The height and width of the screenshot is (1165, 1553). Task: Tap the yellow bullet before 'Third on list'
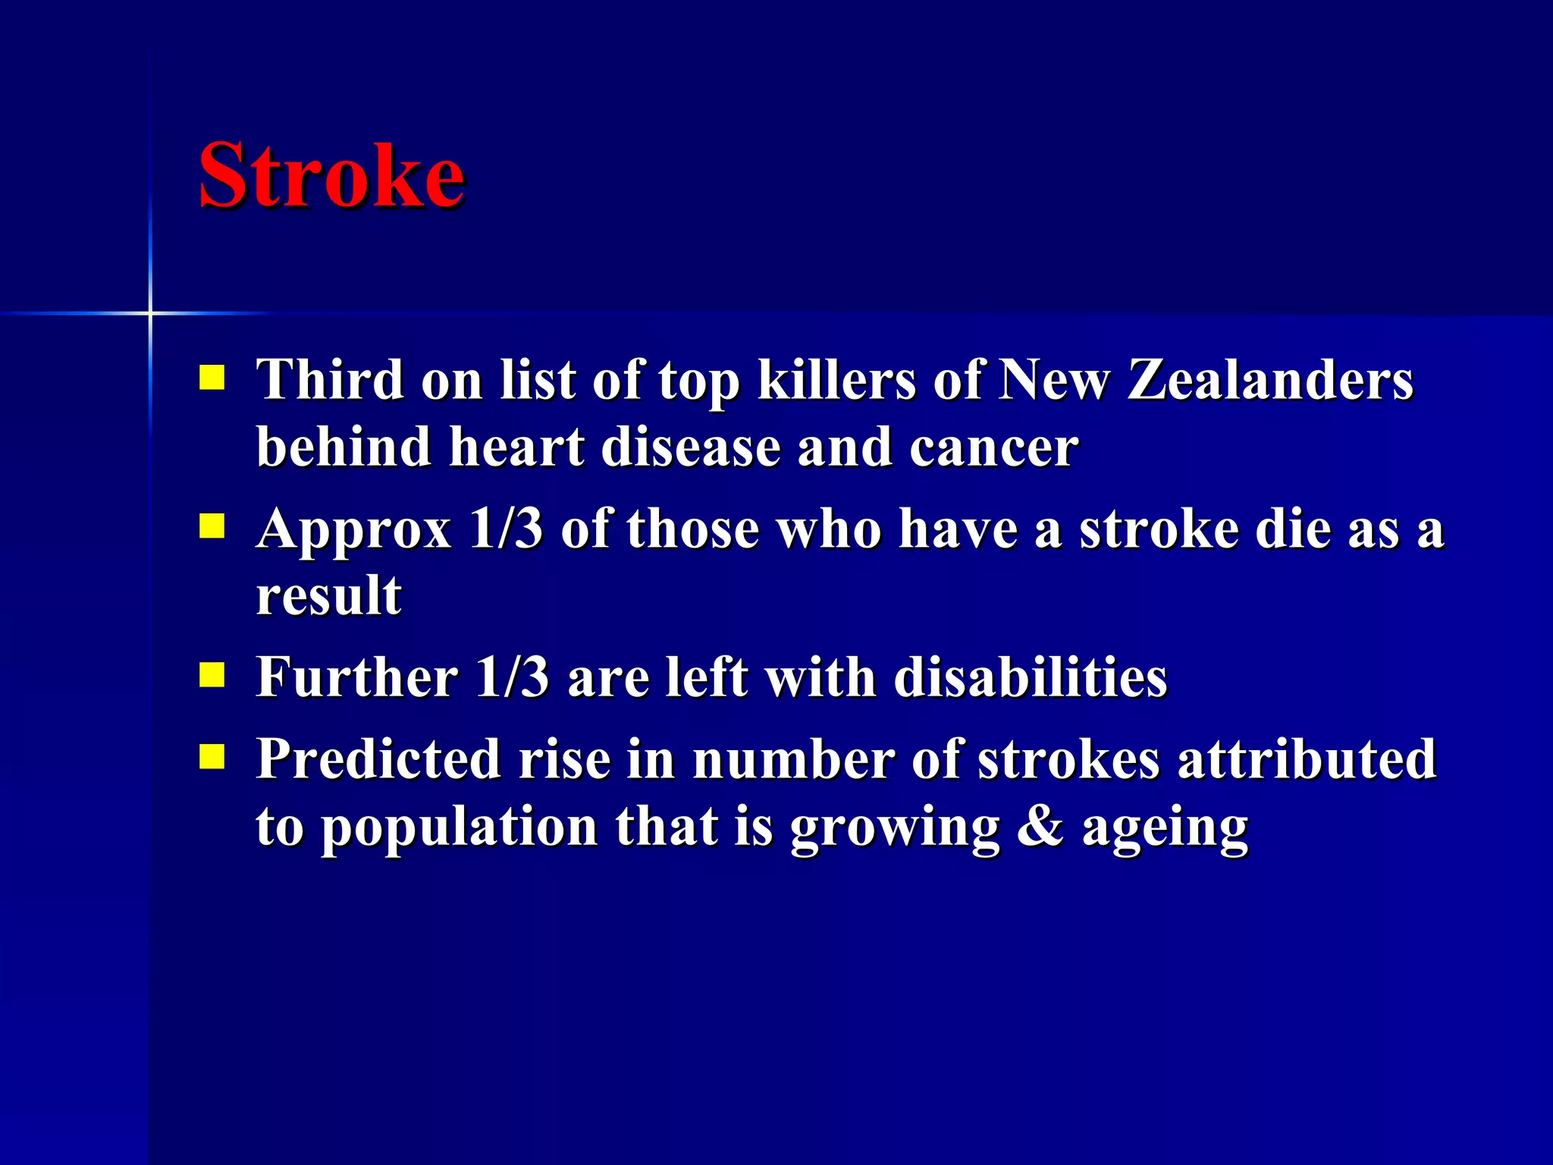click(212, 378)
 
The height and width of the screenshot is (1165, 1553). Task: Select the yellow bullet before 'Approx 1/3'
click(212, 526)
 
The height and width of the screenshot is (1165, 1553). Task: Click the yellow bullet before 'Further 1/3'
click(212, 675)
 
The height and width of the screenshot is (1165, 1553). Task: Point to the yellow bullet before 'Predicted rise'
click(212, 756)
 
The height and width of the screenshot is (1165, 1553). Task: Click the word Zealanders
click(1271, 379)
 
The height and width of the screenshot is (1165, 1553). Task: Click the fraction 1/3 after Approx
click(506, 528)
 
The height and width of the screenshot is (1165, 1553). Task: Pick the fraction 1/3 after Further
click(512, 677)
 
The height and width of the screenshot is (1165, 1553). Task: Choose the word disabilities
click(1031, 677)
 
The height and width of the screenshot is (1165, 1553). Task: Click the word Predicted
click(378, 758)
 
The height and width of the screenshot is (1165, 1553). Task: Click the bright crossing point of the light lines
click(150, 312)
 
